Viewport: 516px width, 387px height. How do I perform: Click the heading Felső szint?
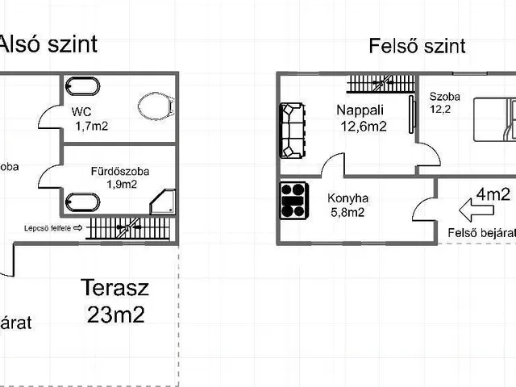[417, 46]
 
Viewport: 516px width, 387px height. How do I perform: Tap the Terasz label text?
[114, 288]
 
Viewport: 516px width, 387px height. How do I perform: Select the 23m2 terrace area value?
[115, 314]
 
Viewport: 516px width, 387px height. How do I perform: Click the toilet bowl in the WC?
[155, 106]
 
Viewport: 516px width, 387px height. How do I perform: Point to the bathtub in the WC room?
[81, 86]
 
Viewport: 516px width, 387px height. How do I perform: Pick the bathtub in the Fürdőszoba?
[81, 202]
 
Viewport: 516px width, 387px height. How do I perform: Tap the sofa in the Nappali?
[293, 131]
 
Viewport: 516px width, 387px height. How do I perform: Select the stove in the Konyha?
[293, 201]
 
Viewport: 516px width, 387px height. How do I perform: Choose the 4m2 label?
[493, 193]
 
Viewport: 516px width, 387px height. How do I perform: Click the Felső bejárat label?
[481, 233]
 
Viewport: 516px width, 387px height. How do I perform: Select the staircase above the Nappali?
[381, 83]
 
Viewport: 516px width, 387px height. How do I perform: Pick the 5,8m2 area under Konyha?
[347, 213]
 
